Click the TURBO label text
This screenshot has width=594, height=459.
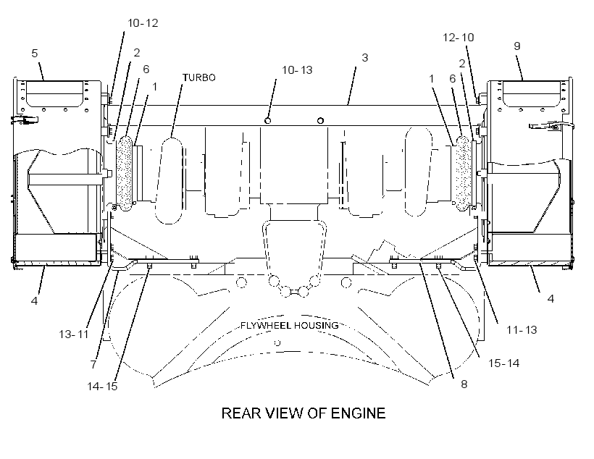[x=199, y=77]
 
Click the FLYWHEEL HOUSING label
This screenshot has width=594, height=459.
[x=290, y=325]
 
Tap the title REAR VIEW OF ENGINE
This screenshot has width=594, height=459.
[x=304, y=413]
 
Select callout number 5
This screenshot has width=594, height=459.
[x=35, y=53]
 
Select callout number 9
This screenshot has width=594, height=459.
[x=517, y=46]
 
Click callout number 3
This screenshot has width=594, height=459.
[x=365, y=58]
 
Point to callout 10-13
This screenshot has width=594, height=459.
[x=297, y=70]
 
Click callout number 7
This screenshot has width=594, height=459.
[x=93, y=364]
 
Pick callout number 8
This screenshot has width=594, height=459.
[x=464, y=384]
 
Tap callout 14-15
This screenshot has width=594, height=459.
[x=102, y=387]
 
